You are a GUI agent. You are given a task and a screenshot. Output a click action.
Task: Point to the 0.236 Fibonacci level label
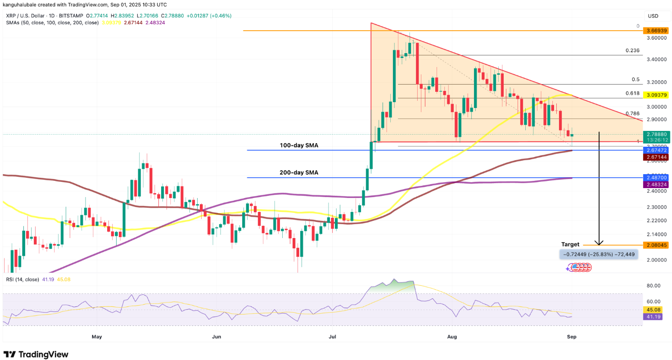point(632,51)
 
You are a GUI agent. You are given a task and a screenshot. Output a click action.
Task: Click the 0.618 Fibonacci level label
point(632,93)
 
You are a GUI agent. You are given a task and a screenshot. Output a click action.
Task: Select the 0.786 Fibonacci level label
point(632,114)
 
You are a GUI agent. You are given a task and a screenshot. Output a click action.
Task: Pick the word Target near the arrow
point(570,244)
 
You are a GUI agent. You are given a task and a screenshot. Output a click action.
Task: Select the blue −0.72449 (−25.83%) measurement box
point(598,255)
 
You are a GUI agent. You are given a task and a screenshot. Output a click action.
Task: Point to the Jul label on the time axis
point(333,336)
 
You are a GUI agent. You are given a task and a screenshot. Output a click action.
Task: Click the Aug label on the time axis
point(453,336)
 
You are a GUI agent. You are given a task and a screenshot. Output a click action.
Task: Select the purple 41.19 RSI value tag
point(655,317)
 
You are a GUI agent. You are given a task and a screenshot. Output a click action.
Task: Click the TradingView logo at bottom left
point(36,354)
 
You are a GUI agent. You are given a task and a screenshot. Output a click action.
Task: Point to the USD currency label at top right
point(653,16)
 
